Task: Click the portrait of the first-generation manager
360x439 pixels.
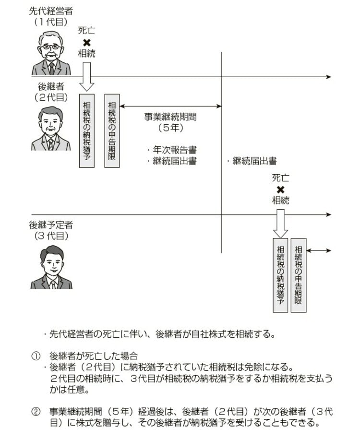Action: pos(51,53)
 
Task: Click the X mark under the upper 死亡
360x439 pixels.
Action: pos(87,42)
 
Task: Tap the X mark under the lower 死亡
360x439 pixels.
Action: pos(281,189)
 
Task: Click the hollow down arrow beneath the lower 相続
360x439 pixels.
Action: pos(281,223)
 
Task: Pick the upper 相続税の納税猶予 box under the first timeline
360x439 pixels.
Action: pos(87,131)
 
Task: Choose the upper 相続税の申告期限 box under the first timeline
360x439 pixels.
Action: pos(112,131)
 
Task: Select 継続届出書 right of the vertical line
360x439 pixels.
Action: pos(254,161)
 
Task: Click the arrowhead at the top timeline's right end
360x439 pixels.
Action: pos(328,77)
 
